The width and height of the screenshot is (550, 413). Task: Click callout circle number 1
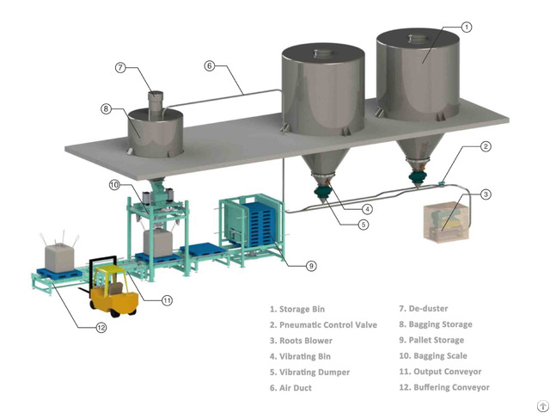pyautogui.click(x=466, y=28)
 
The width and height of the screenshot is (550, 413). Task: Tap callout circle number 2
pyautogui.click(x=486, y=147)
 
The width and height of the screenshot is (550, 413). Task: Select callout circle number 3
pyautogui.click(x=486, y=194)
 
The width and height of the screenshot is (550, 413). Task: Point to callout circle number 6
pyautogui.click(x=209, y=65)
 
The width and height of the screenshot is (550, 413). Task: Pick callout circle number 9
pyautogui.click(x=310, y=266)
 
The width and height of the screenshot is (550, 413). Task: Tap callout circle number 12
pyautogui.click(x=101, y=328)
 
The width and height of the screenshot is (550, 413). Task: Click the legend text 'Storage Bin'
pyautogui.click(x=300, y=309)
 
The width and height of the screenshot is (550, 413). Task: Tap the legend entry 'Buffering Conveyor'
pyautogui.click(x=443, y=387)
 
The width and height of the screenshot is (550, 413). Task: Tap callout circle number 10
pyautogui.click(x=114, y=185)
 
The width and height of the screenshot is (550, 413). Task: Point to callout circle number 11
pyautogui.click(x=168, y=300)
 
